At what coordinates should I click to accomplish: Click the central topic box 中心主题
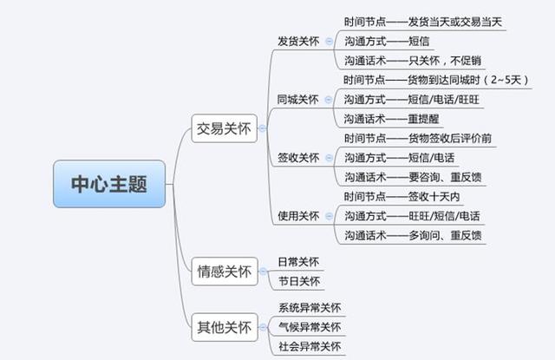coord(109,184)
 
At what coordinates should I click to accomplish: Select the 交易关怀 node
coord(225,130)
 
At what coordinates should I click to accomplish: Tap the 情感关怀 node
coord(225,272)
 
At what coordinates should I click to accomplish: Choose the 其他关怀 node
coord(225,328)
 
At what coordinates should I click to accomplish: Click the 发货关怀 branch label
coord(297,41)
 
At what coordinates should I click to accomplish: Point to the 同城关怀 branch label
coord(297,99)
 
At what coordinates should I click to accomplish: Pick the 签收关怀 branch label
coord(297,157)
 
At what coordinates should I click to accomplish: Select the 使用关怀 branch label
coord(297,215)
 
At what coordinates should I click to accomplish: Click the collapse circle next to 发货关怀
coord(329,41)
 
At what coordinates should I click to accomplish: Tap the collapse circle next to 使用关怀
coord(329,215)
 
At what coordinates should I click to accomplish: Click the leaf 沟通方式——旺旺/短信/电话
coord(412,215)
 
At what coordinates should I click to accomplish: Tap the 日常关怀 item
coord(298,261)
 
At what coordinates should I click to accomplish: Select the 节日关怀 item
coord(298,281)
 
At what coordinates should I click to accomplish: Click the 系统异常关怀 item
coord(309,308)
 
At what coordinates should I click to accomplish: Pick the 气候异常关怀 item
coord(309,327)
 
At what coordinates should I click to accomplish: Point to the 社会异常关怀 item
coord(309,347)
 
